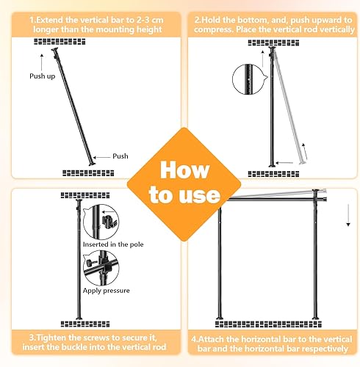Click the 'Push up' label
point(43,76)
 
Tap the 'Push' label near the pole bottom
point(120,156)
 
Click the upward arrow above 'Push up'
point(42,62)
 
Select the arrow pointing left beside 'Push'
point(101,157)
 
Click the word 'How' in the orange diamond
point(185,170)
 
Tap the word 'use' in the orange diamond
point(199,195)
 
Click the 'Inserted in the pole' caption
point(113,244)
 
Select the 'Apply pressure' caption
point(106,291)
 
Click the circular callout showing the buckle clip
point(101,222)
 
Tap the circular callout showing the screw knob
point(101,268)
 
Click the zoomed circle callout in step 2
point(248,79)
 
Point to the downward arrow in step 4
point(348,216)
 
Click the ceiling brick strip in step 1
point(60,42)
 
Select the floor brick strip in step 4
point(268,324)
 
